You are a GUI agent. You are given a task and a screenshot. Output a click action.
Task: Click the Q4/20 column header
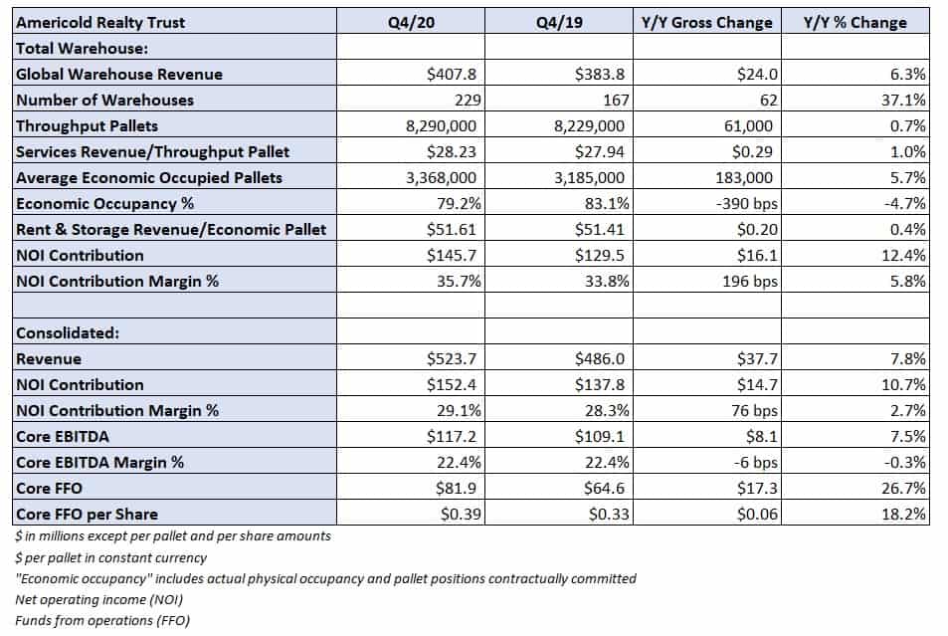(411, 22)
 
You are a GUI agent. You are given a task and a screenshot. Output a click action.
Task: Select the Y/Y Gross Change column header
(706, 22)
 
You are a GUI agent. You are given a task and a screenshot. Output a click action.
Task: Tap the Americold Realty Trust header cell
(100, 22)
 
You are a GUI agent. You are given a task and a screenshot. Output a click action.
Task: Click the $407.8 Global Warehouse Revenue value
(451, 74)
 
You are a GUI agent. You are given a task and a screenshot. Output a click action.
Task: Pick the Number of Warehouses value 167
(616, 100)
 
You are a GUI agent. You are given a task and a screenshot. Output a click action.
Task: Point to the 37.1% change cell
(903, 100)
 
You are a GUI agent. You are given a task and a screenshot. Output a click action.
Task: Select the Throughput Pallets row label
(88, 125)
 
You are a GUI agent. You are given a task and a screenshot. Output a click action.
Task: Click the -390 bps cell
(747, 203)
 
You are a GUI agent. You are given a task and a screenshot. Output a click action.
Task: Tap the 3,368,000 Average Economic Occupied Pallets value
(441, 177)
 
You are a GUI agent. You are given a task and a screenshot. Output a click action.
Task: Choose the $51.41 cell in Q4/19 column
(599, 229)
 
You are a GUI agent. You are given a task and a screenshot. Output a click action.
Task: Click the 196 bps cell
(750, 282)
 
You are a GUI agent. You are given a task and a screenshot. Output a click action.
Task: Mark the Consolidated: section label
(68, 333)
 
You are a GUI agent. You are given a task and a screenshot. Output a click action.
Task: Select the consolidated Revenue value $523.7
(451, 359)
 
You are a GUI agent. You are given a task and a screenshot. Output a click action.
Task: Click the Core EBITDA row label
(63, 436)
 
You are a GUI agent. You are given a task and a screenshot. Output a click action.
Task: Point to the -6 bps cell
(756, 463)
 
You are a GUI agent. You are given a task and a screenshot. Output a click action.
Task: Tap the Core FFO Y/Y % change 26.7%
(903, 489)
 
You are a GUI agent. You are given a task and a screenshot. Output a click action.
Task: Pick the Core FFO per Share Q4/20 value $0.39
(461, 515)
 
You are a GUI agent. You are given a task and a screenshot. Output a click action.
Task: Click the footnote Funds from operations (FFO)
(102, 621)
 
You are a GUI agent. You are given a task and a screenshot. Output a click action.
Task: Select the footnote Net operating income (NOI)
(98, 600)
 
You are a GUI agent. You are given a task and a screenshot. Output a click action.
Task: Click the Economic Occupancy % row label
(105, 203)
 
